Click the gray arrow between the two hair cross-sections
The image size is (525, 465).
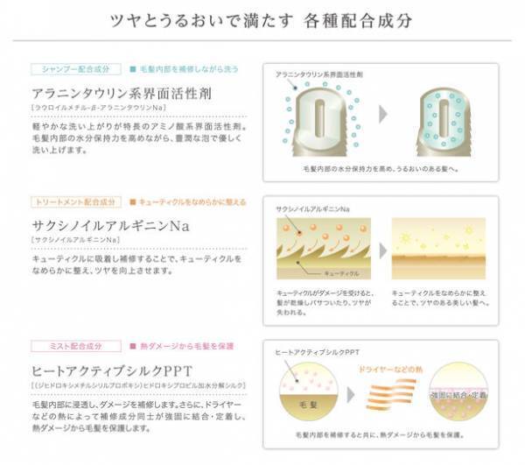click(x=384, y=115)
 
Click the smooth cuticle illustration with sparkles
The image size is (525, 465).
click(x=437, y=248)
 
